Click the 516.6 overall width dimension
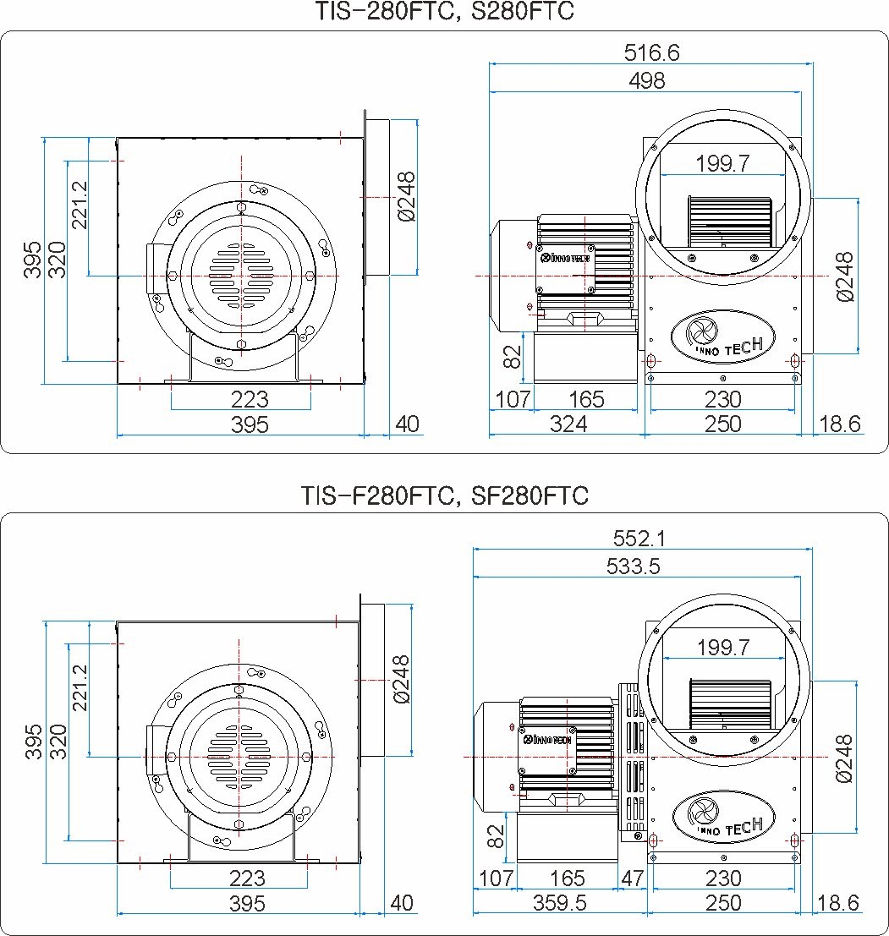coord(651,52)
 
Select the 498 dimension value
coord(647,80)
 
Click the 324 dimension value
coord(568,424)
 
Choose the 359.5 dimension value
coord(560,903)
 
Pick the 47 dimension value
coord(632,879)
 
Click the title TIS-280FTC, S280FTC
coord(444,12)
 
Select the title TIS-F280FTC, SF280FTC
coord(444,495)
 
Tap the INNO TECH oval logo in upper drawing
coord(722,336)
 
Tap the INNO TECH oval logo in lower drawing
coord(723,817)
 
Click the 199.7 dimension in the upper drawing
coord(722,163)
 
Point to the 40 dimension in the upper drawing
coord(407,424)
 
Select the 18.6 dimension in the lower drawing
coord(838,903)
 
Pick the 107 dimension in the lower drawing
coord(496,879)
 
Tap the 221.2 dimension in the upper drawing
coord(80,204)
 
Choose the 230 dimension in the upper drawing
coord(722,399)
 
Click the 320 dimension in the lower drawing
coord(58,742)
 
